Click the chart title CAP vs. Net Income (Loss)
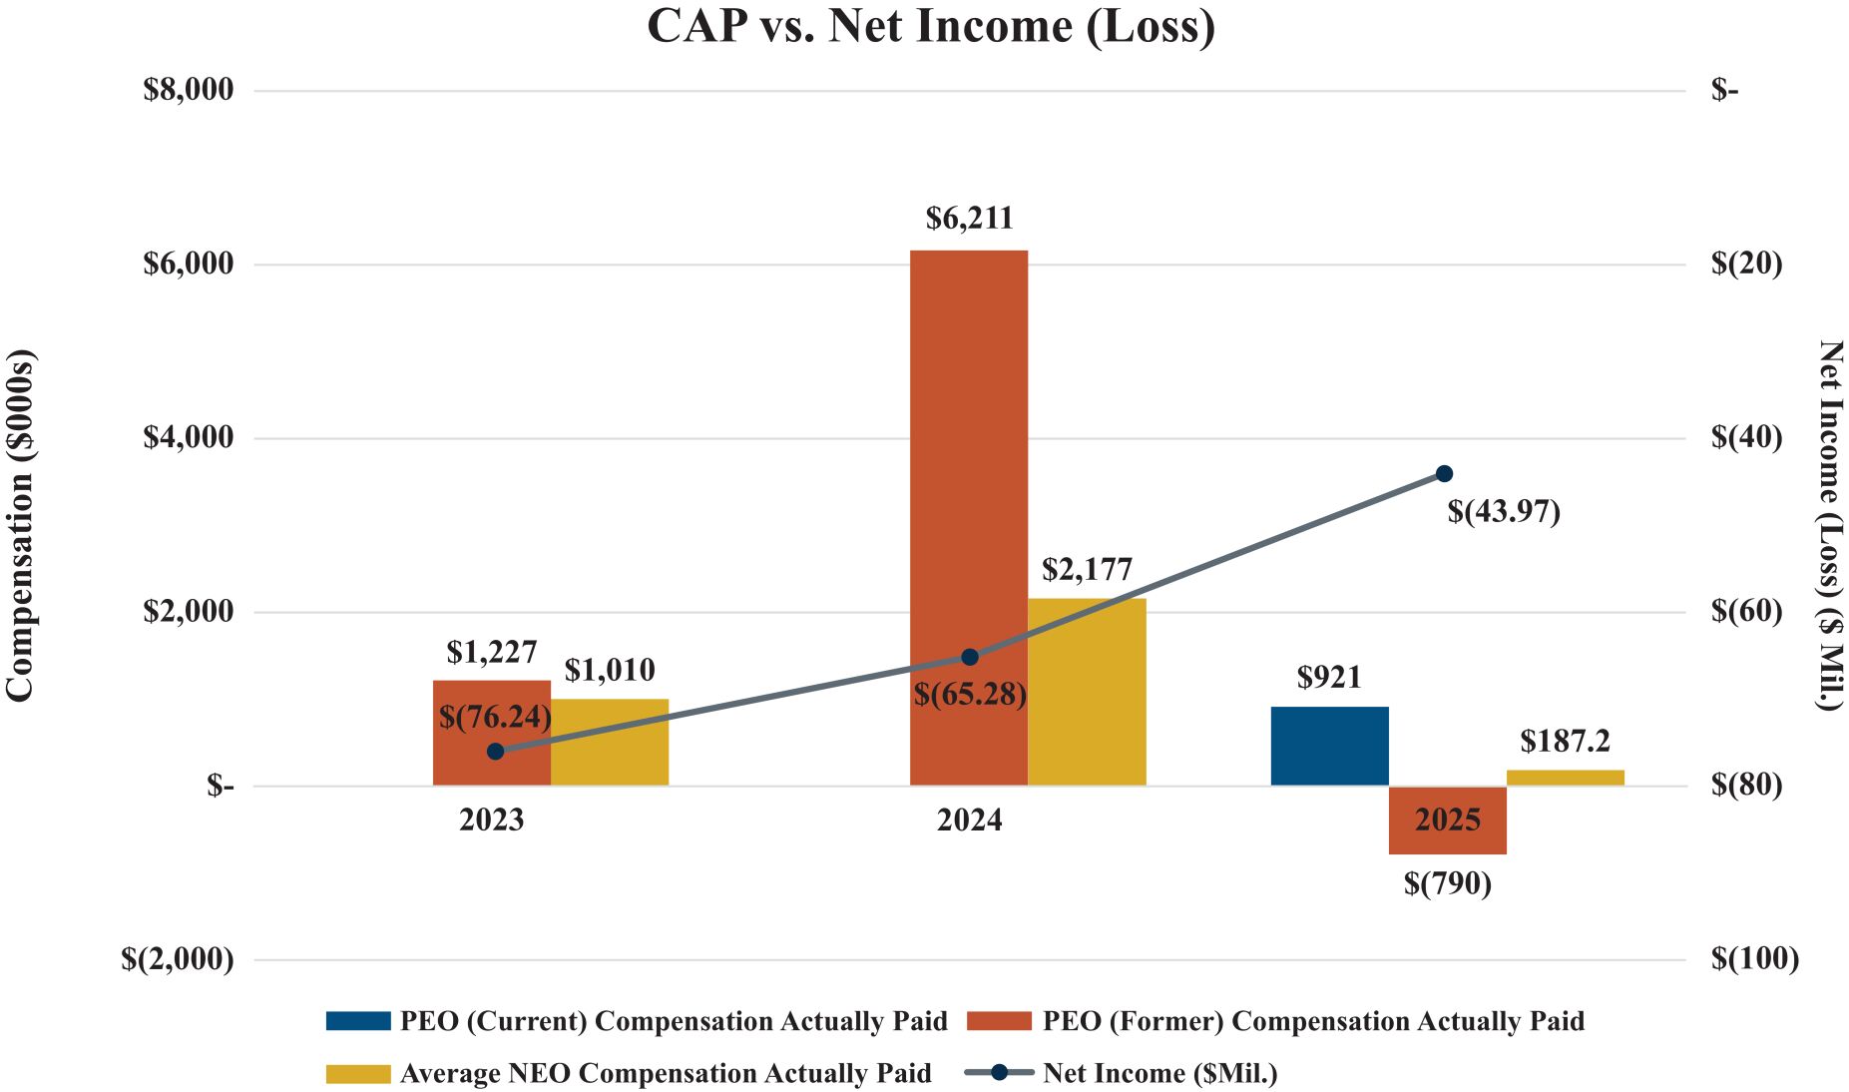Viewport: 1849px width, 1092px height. [931, 26]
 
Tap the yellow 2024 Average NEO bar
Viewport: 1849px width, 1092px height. [1088, 699]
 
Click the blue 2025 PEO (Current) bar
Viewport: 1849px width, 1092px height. [1329, 746]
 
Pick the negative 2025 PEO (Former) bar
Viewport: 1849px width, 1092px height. [1447, 838]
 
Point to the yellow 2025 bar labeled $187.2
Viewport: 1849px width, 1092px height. [1565, 778]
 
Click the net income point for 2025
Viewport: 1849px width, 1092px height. [1444, 473]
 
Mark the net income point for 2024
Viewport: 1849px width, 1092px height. [969, 657]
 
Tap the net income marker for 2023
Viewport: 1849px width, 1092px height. [495, 751]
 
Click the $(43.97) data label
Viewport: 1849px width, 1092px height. [1503, 512]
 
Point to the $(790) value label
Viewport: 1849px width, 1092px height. [1447, 883]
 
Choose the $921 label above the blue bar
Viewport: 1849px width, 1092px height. [1329, 678]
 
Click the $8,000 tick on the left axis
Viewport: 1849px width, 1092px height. [189, 90]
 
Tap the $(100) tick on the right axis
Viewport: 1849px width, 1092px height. [1754, 959]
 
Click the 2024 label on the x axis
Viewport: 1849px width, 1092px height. [969, 820]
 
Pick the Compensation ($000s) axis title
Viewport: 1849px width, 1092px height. [20, 525]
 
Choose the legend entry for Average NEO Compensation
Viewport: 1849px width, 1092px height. [629, 1073]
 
